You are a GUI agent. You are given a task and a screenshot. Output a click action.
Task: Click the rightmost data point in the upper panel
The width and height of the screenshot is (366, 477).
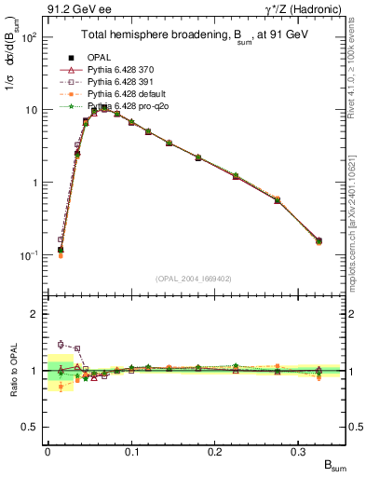319,241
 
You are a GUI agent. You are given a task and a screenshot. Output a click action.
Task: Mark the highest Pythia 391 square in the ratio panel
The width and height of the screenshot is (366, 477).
61,344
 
